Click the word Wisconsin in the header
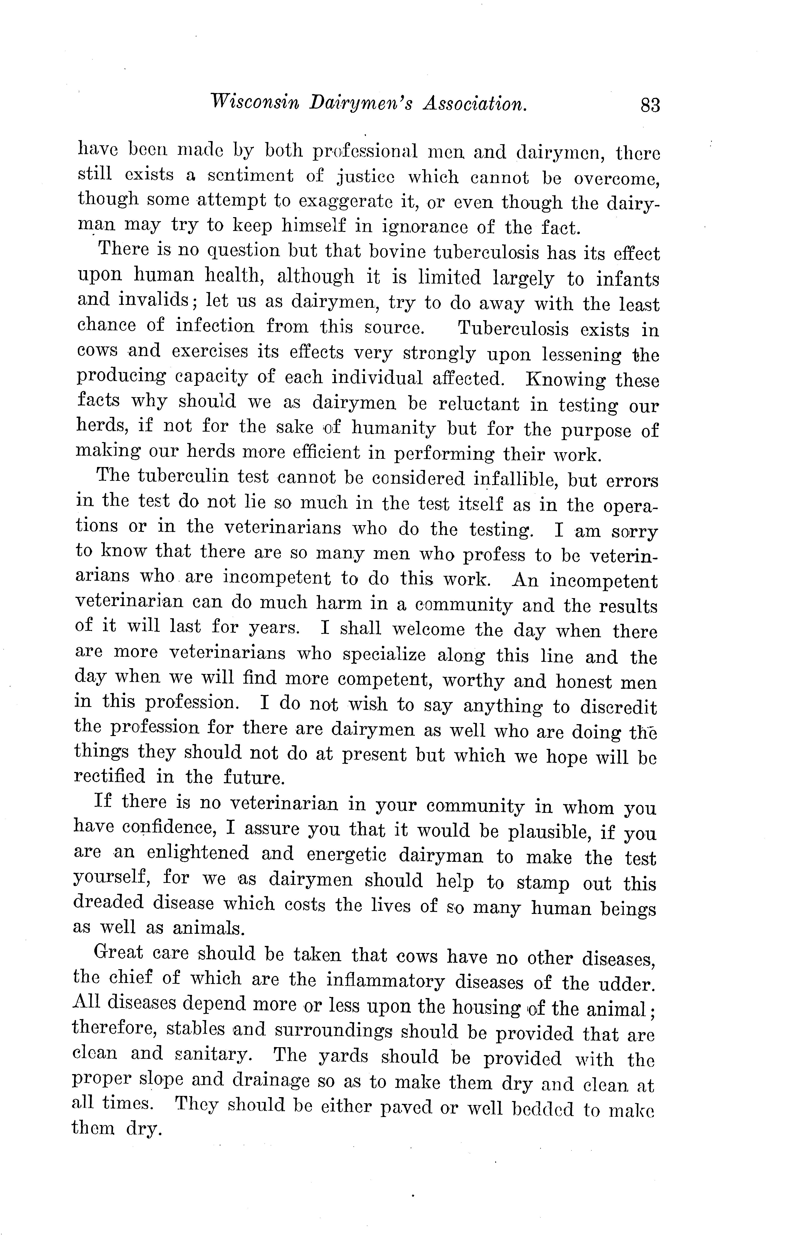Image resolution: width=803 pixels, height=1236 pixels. click(x=253, y=102)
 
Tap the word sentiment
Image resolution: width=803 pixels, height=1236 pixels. click(x=250, y=176)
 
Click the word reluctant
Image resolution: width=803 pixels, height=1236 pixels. click(x=473, y=404)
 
